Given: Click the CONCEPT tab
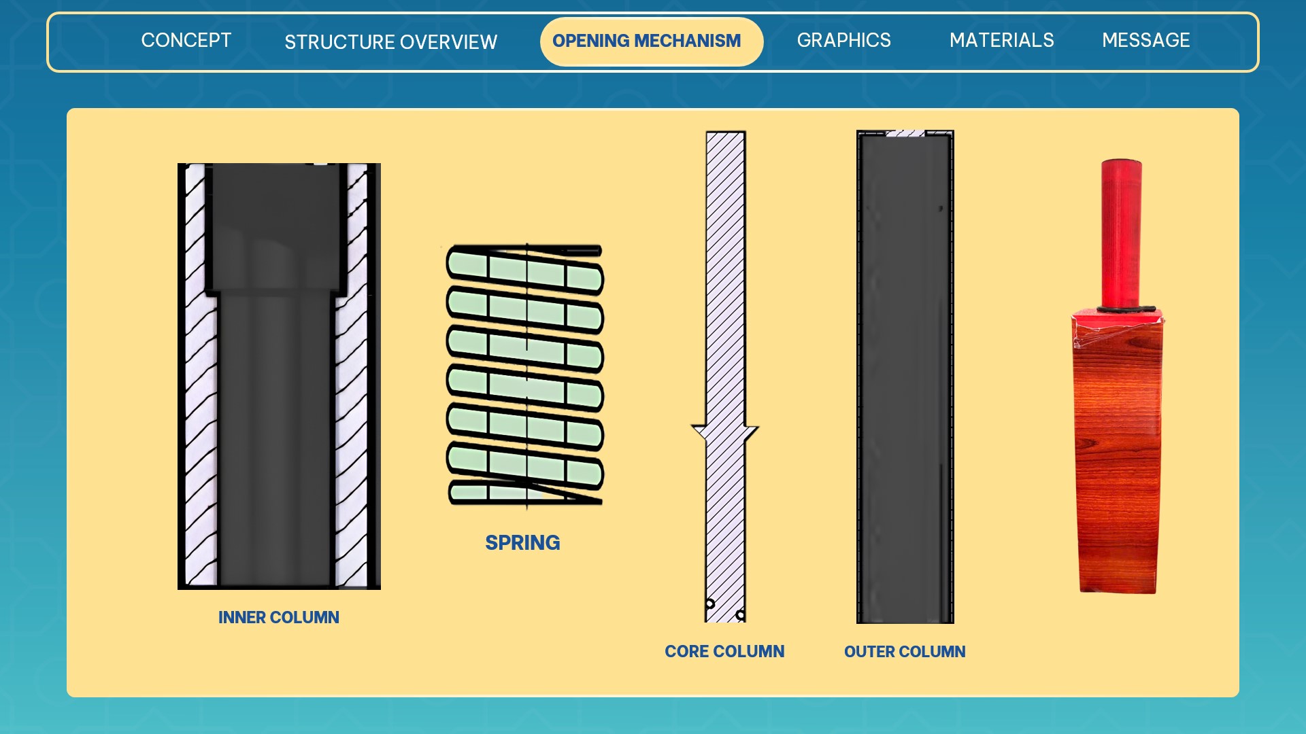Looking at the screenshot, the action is [186, 40].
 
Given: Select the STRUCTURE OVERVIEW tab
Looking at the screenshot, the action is [390, 42].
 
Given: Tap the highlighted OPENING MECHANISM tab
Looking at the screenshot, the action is [651, 41].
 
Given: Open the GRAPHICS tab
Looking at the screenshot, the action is [843, 40].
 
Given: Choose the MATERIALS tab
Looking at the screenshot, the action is [1001, 40].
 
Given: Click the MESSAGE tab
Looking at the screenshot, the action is [1145, 40].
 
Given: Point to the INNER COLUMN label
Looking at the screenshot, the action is [278, 617].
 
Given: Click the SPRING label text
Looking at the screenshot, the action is [522, 542].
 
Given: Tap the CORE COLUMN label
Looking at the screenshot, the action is [724, 651].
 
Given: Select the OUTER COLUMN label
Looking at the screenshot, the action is [905, 651].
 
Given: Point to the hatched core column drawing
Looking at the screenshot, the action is [725, 377].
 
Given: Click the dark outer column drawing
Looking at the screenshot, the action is [905, 377].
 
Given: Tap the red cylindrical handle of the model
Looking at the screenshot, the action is [1121, 232].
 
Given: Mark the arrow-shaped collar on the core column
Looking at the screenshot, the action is [725, 434].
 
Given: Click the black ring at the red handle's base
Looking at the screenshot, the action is [1126, 309].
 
